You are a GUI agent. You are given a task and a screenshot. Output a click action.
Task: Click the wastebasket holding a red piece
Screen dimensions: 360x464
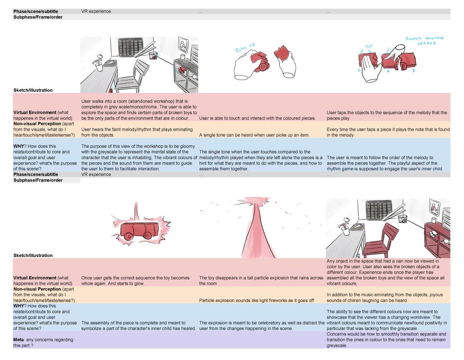(154, 56)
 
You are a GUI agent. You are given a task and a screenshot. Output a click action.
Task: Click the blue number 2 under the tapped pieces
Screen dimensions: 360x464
(388, 71)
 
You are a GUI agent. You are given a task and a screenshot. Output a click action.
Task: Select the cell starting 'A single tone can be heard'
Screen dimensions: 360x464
(254, 135)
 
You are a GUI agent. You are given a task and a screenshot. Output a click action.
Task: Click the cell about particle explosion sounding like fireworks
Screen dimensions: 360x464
(256, 300)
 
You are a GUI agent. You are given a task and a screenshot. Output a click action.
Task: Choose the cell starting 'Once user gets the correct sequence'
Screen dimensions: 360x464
(135, 280)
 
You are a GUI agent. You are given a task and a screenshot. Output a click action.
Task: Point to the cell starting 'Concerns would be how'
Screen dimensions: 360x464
(386, 339)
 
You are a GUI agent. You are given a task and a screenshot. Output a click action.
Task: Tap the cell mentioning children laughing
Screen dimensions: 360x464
(385, 297)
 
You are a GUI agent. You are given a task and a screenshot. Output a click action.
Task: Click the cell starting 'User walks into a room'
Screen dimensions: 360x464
(139, 109)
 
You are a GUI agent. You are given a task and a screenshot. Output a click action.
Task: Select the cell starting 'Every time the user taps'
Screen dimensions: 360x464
(388, 132)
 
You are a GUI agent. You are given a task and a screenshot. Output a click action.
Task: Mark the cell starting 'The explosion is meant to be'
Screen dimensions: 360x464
(261, 325)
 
